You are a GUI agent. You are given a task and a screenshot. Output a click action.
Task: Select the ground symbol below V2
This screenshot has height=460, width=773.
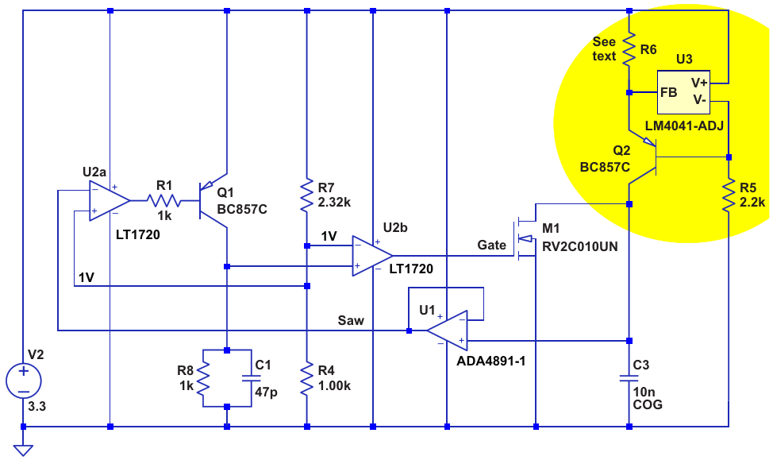pos(24,450)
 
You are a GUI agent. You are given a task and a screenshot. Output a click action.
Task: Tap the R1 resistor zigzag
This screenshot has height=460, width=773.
pos(164,202)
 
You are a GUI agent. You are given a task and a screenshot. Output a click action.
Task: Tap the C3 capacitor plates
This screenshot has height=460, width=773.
pos(629,377)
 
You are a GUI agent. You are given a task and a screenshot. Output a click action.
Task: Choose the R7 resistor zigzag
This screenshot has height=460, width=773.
pos(307,195)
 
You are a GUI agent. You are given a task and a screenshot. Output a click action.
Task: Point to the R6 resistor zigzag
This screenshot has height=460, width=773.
pos(629,49)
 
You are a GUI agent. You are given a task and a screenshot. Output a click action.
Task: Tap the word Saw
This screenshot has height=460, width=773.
pos(351,320)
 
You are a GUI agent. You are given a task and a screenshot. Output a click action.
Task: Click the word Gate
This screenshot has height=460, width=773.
pos(491,245)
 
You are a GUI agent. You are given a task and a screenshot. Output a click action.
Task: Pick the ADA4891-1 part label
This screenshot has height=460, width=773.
pos(491,360)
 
